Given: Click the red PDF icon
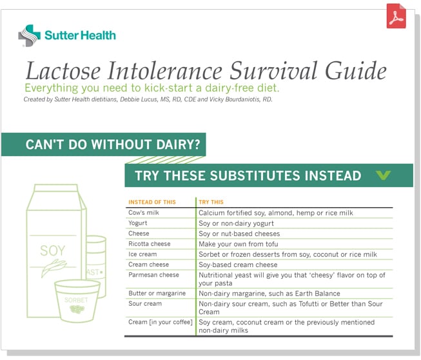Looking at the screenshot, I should pyautogui.click(x=396, y=17).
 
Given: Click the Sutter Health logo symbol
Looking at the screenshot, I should pyautogui.click(x=29, y=35).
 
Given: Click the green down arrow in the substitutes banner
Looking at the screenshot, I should pyautogui.click(x=383, y=175).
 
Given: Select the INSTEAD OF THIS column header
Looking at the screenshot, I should pyautogui.click(x=152, y=202).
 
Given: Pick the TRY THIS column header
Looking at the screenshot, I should pyautogui.click(x=211, y=202).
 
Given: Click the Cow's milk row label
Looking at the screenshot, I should pyautogui.click(x=143, y=212).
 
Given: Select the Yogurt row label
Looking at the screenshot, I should pyautogui.click(x=139, y=223).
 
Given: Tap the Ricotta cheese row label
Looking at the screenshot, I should pyautogui.click(x=149, y=244).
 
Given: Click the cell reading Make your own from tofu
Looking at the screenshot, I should pyautogui.click(x=239, y=244).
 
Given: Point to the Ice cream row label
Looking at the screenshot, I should pyautogui.click(x=142, y=254).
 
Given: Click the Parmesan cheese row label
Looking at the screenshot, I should pyautogui.click(x=153, y=275).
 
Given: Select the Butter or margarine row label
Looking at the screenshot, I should pyautogui.click(x=157, y=293).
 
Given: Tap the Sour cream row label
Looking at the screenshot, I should pyautogui.click(x=144, y=303).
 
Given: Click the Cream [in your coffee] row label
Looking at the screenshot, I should pyautogui.click(x=161, y=321).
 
